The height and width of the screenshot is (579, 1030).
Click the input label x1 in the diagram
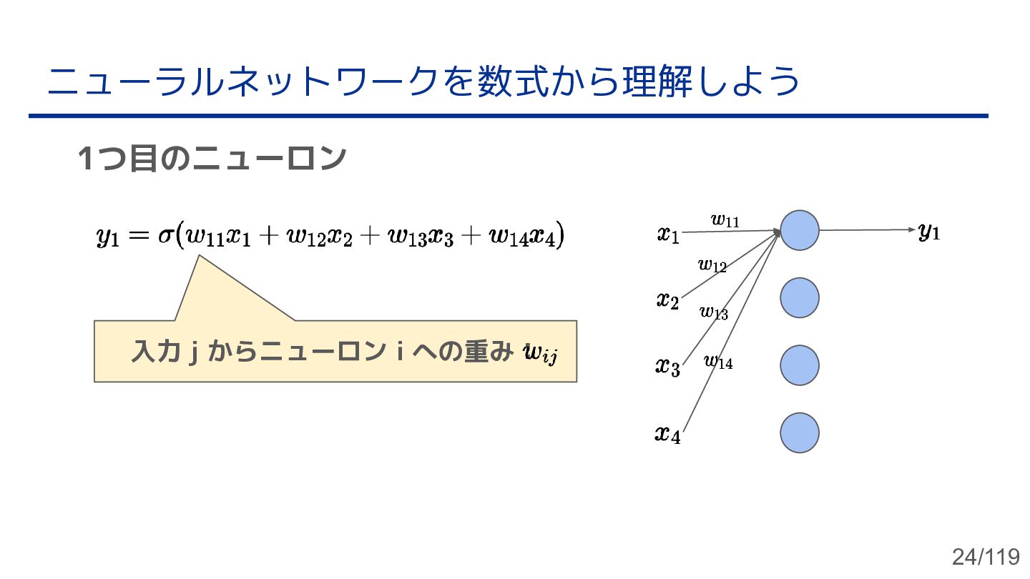tap(668, 234)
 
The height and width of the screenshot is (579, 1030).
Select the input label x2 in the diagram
tap(667, 300)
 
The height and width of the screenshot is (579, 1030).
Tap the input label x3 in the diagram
tap(667, 367)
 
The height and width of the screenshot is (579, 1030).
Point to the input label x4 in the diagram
tap(667, 434)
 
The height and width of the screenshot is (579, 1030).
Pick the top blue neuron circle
tap(799, 230)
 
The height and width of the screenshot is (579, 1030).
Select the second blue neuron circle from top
tap(799, 298)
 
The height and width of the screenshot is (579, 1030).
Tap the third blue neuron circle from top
tap(799, 365)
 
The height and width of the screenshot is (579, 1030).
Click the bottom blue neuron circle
tap(799, 432)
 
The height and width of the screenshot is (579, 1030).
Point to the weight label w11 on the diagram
tap(725, 220)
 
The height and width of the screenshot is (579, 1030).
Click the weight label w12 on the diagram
tap(712, 266)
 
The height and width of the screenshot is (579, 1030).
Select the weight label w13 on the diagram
tap(714, 312)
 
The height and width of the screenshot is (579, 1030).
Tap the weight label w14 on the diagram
tap(718, 362)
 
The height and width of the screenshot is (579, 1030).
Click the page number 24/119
tap(985, 557)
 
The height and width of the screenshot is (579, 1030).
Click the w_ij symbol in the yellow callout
tap(540, 353)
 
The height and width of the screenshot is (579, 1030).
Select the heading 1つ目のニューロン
tap(212, 159)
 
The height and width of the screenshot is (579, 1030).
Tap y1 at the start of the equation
tap(107, 237)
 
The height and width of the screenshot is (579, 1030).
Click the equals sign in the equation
tap(139, 235)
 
